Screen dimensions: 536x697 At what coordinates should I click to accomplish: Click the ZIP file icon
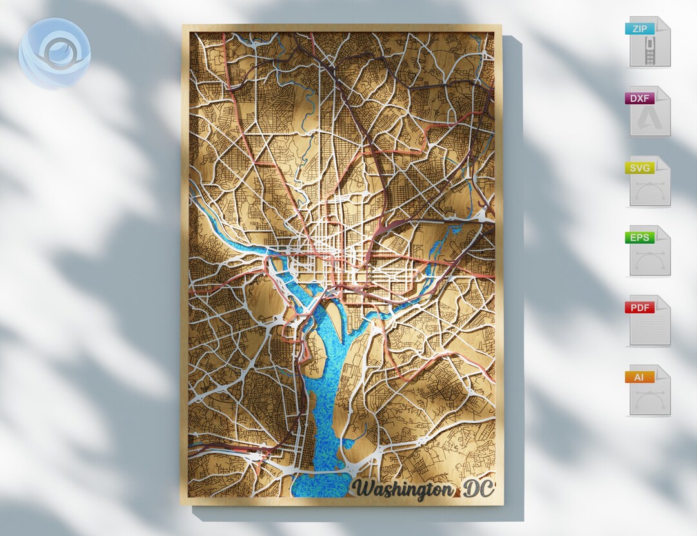[649, 42]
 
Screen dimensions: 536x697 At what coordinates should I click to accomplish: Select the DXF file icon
[649, 112]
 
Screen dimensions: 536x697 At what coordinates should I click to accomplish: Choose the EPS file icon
[649, 251]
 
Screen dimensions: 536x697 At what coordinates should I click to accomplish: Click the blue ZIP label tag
[640, 28]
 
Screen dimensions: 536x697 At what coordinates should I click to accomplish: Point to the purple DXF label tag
[640, 98]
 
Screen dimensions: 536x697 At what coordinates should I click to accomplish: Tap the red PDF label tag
[640, 307]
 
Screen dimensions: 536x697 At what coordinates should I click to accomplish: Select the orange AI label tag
[640, 377]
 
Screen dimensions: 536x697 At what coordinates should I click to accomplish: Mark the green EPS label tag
[640, 237]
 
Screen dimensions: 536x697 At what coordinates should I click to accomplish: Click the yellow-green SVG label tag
[640, 168]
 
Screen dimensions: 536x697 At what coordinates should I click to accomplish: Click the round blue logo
[54, 53]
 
